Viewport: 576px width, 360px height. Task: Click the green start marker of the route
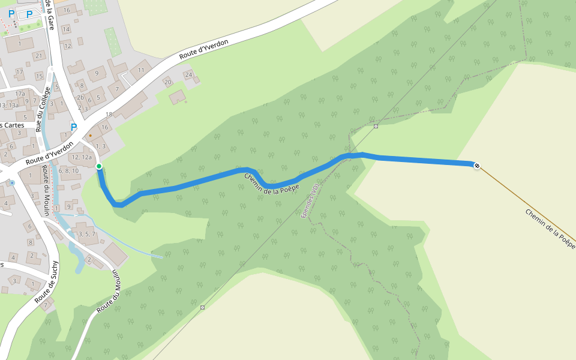pyautogui.click(x=99, y=166)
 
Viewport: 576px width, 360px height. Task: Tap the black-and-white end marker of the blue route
pyautogui.click(x=477, y=165)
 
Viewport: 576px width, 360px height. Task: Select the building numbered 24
pyautogui.click(x=188, y=75)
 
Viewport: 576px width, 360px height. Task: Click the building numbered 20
pyautogui.click(x=168, y=82)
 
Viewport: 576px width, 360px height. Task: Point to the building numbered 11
pyautogui.click(x=141, y=70)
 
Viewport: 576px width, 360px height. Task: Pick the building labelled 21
pyautogui.click(x=39, y=56)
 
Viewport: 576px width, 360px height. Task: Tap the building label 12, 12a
pyautogui.click(x=82, y=157)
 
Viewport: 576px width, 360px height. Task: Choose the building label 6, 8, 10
pyautogui.click(x=68, y=171)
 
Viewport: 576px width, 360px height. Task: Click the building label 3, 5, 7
pyautogui.click(x=86, y=234)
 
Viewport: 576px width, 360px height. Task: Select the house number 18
pyautogui.click(x=109, y=115)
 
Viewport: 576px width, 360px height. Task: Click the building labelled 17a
pyautogui.click(x=20, y=94)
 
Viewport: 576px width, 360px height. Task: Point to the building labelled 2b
pyautogui.click(x=80, y=97)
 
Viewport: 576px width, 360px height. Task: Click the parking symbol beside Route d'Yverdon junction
pyautogui.click(x=74, y=127)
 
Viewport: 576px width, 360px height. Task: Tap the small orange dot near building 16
pyautogui.click(x=91, y=136)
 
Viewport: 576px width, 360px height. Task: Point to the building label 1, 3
pyautogui.click(x=100, y=146)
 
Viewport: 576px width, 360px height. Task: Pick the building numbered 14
pyautogui.click(x=66, y=29)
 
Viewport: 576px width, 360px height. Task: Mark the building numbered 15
pyautogui.click(x=39, y=76)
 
